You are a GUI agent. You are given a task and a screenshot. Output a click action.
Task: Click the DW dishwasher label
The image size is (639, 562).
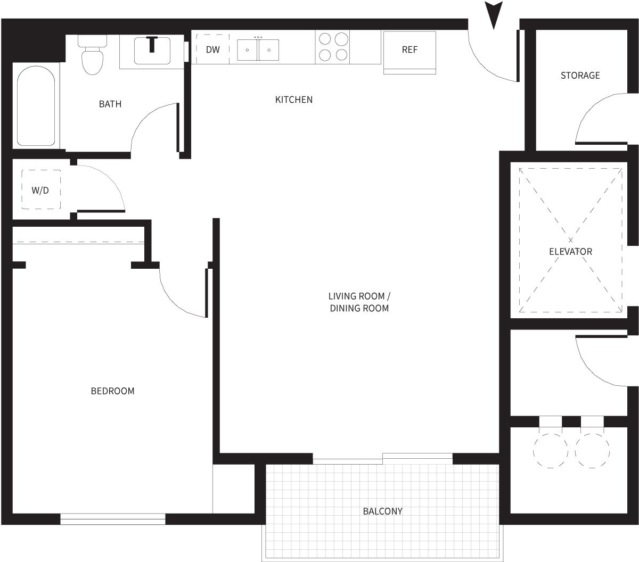(x=213, y=49)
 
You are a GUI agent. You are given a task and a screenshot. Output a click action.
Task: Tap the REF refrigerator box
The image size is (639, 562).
(x=409, y=50)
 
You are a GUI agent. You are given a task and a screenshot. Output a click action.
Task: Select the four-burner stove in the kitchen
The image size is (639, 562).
(x=333, y=47)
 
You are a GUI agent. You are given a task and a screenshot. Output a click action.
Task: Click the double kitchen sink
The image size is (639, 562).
(x=258, y=49)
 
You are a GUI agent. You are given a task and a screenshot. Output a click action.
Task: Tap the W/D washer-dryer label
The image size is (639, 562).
(x=40, y=190)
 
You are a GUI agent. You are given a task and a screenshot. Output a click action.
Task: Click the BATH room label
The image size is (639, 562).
(x=110, y=104)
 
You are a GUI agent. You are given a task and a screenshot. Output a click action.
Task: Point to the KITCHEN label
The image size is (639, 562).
(x=294, y=100)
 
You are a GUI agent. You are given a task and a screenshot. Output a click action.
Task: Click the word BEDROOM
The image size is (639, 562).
(x=113, y=391)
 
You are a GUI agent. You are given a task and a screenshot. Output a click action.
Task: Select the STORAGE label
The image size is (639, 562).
(x=580, y=76)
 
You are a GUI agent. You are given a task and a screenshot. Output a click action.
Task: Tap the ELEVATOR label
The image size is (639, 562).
(x=570, y=251)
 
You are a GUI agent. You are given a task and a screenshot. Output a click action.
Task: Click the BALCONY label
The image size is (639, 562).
(x=383, y=511)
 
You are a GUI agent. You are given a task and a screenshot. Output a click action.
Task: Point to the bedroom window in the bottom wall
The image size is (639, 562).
(x=113, y=519)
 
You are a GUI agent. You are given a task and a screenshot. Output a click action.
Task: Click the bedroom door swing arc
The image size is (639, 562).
(x=178, y=298)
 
